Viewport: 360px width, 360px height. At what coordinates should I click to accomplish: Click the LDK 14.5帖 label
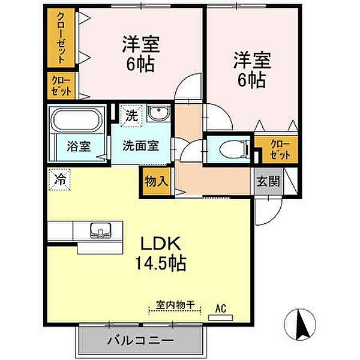[x=160, y=253]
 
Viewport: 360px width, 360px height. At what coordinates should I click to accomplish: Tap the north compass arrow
[x=302, y=325]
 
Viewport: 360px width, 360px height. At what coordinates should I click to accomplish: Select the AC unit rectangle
[x=220, y=317]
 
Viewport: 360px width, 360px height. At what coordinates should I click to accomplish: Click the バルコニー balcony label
[x=141, y=340]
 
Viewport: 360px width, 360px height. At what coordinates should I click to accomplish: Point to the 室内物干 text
[x=175, y=305]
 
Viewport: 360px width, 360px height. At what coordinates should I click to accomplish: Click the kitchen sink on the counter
[x=101, y=230]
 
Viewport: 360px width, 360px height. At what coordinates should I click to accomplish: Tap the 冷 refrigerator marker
[x=59, y=180]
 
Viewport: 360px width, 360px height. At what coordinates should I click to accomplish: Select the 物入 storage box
[x=157, y=181]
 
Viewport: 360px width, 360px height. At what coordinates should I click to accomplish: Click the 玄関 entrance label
[x=268, y=181]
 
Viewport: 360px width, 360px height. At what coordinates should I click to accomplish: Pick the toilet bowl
[x=232, y=150]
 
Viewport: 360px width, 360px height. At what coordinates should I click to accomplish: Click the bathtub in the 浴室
[x=77, y=120]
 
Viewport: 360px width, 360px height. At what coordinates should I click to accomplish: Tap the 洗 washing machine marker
[x=132, y=115]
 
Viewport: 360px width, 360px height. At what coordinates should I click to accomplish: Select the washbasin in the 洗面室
[x=158, y=113]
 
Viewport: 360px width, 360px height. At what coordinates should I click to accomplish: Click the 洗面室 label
[x=141, y=146]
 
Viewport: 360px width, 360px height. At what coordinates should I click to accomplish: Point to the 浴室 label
[x=79, y=146]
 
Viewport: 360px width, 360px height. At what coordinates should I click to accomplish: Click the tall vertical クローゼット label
[x=61, y=38]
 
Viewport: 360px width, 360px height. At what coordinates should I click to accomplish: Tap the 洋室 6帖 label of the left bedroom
[x=141, y=53]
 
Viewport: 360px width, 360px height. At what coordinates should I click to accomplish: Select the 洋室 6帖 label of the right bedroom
[x=252, y=70]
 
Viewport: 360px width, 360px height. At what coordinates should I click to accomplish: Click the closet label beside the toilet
[x=280, y=149]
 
